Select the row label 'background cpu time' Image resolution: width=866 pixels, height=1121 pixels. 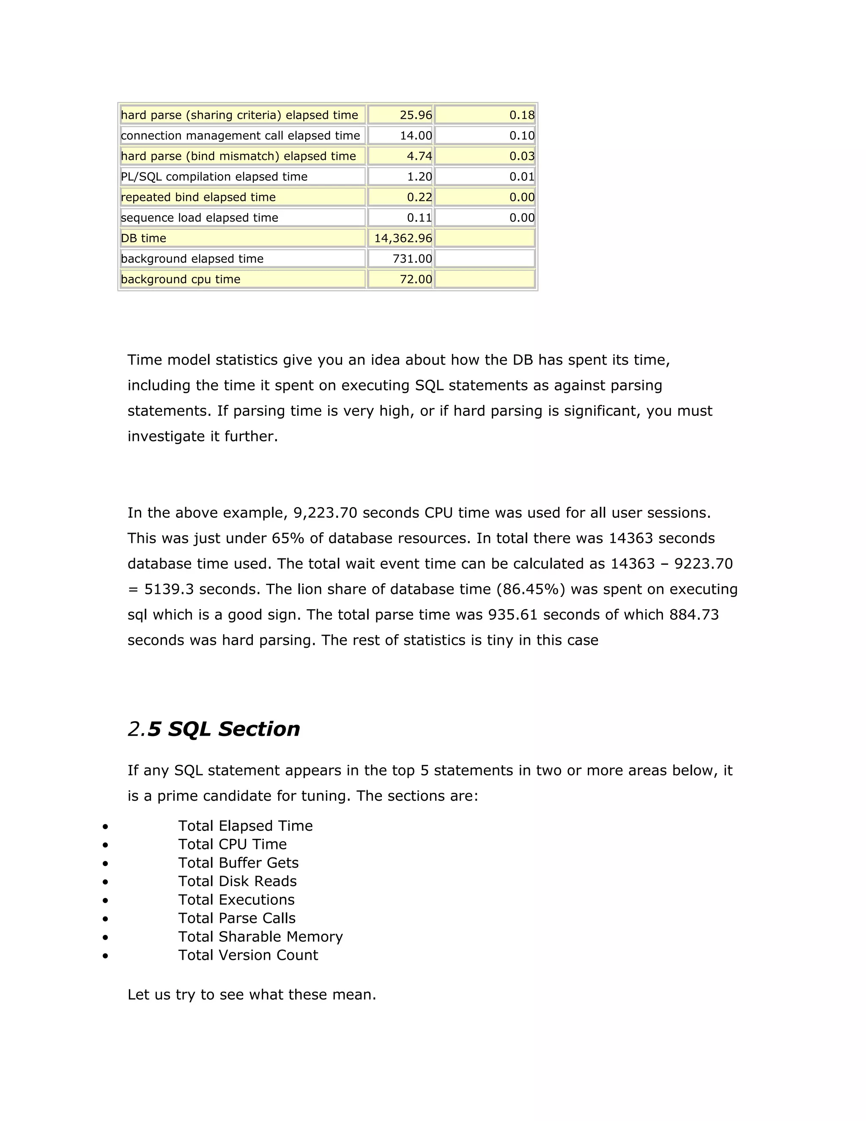tap(181, 279)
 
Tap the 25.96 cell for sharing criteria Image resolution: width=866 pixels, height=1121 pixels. tap(416, 115)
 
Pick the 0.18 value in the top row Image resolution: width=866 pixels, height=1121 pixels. tap(522, 115)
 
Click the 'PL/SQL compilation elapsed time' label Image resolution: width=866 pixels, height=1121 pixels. tap(214, 176)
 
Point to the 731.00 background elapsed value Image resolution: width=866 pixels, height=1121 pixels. tap(412, 259)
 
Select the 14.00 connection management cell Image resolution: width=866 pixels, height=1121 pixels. tap(416, 135)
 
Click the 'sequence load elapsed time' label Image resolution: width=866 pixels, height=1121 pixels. tap(200, 217)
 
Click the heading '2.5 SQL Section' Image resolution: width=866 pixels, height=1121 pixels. tap(214, 729)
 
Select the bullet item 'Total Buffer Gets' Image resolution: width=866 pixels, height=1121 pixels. tap(238, 863)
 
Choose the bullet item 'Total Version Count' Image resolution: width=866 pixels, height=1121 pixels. tap(248, 955)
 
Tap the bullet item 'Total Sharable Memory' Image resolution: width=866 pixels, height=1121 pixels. tap(260, 937)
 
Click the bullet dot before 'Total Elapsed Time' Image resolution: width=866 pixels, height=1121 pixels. tap(105, 827)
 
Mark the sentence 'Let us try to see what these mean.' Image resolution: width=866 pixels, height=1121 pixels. tap(252, 995)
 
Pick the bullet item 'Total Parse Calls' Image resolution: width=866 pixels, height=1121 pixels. tap(236, 918)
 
